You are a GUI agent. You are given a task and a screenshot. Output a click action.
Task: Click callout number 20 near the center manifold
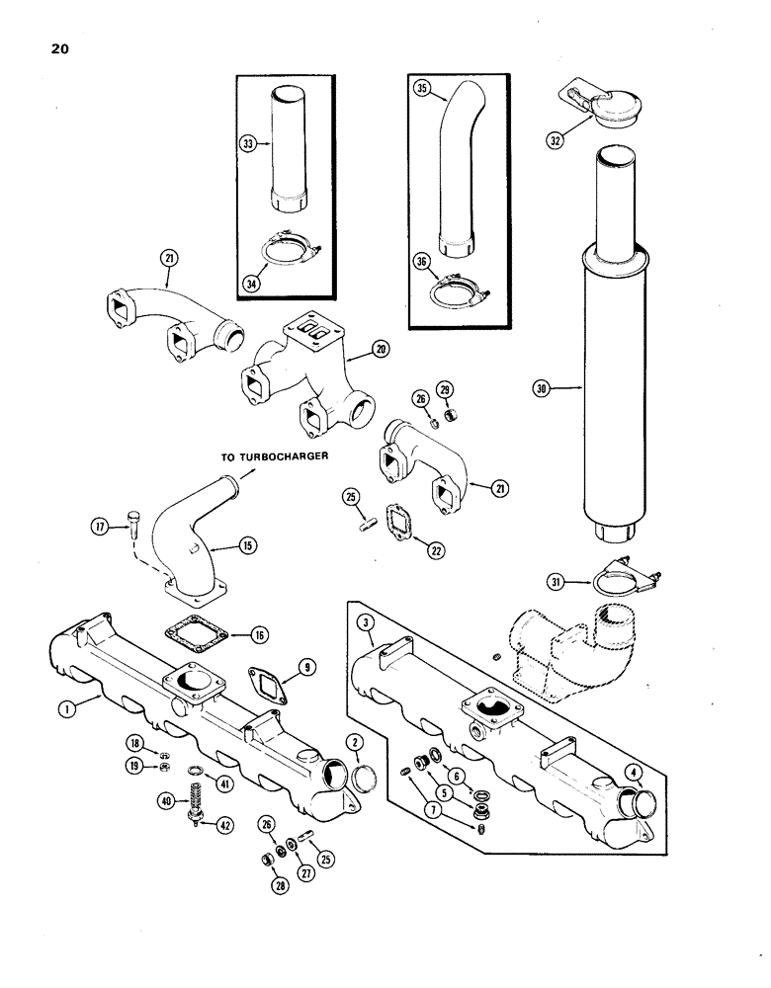tap(380, 348)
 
